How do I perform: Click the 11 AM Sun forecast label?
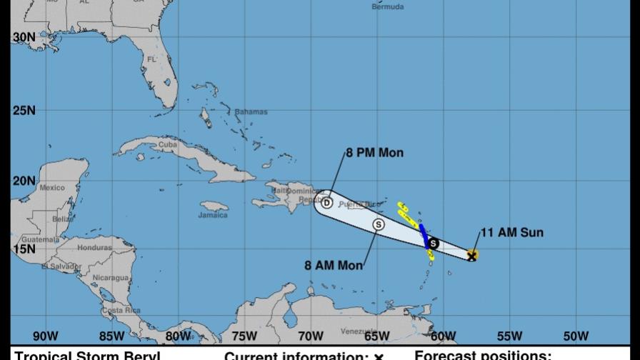tap(512, 232)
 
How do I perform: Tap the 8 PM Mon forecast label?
tap(374, 153)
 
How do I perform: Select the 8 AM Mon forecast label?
tap(334, 265)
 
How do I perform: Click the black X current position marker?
tap(471, 255)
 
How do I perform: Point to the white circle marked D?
tap(326, 203)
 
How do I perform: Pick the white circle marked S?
tap(379, 224)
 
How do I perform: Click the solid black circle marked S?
tap(433, 244)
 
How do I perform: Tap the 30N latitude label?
tap(24, 37)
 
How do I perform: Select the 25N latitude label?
tap(24, 111)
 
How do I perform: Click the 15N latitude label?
tap(24, 249)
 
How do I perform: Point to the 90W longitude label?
tap(45, 336)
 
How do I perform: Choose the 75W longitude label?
tap(244, 336)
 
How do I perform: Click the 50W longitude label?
tap(576, 336)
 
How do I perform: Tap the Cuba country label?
tap(167, 144)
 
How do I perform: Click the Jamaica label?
tap(213, 215)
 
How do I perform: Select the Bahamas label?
tap(251, 112)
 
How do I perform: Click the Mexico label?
tap(51, 188)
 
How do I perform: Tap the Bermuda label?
tap(389, 7)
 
